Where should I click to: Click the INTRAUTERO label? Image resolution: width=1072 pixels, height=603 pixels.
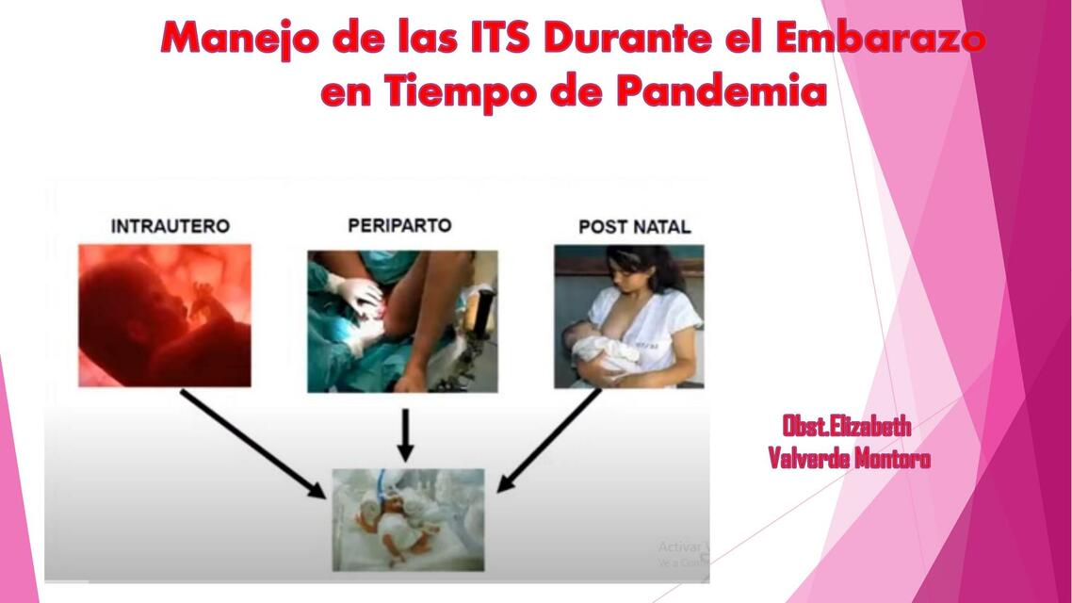click(x=170, y=226)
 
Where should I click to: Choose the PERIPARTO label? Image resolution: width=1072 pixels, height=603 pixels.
click(x=399, y=225)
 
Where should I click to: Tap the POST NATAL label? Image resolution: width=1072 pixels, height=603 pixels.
click(x=634, y=227)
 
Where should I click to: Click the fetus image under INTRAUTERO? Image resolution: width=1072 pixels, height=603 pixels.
click(x=165, y=316)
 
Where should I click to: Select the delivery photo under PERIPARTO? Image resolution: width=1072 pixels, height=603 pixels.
click(x=402, y=320)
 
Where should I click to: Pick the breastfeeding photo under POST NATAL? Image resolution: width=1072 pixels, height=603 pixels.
click(x=628, y=316)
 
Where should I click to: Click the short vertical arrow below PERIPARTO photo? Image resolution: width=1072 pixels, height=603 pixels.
click(x=405, y=434)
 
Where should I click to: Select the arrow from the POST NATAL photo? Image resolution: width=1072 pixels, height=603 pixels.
click(x=550, y=440)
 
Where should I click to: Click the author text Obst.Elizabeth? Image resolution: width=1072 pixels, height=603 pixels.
click(x=846, y=427)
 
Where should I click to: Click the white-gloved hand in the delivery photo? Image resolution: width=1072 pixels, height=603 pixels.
click(x=357, y=294)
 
